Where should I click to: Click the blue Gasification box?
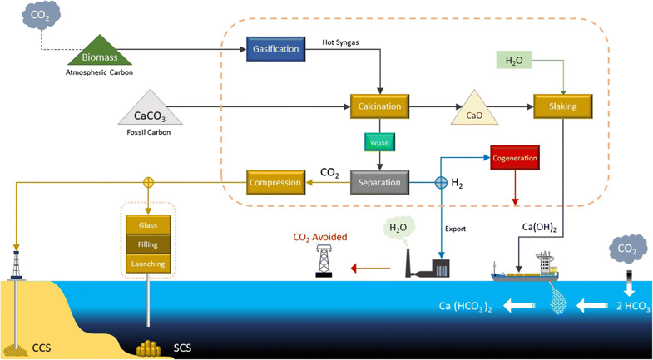point(275,49)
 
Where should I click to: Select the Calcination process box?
point(379,106)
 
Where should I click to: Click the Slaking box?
point(562,106)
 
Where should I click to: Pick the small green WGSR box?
point(379,143)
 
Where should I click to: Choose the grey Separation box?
point(379,182)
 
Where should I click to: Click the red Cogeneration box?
point(515,158)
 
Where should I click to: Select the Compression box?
point(275,182)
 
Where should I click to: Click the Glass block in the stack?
point(148,224)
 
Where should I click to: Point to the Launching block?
point(148,264)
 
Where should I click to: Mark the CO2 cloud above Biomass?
point(41,16)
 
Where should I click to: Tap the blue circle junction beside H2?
point(441,182)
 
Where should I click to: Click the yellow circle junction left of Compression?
point(148,182)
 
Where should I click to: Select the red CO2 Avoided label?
point(319,238)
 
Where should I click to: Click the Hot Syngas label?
point(340,42)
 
